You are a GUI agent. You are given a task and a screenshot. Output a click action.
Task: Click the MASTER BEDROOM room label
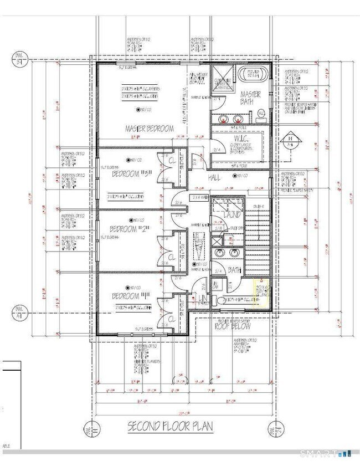pyautogui.click(x=149, y=129)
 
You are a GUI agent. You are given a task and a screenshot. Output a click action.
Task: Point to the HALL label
pyautogui.click(x=215, y=177)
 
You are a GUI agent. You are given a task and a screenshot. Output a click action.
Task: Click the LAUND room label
pyautogui.click(x=231, y=214)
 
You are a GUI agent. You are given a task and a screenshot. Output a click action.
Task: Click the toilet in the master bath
pyautogui.click(x=260, y=114)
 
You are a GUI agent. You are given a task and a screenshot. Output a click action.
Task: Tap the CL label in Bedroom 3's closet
pyautogui.click(x=171, y=161)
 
